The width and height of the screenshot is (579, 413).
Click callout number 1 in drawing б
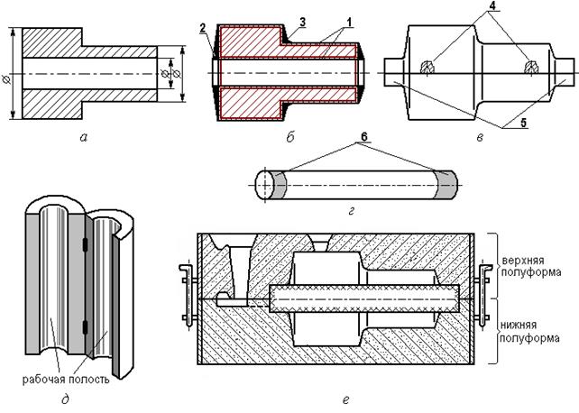click(348, 23)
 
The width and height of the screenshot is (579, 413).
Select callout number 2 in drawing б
click(202, 28)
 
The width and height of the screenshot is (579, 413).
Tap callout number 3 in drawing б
click(303, 23)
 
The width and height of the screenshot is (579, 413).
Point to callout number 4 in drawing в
click(494, 5)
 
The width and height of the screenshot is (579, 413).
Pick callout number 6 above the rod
click(364, 136)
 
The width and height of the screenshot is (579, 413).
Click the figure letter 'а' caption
click(84, 138)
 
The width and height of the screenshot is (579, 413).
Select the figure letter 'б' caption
click(289, 137)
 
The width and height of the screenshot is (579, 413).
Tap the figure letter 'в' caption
click(479, 138)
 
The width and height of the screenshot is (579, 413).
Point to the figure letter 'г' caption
click(351, 211)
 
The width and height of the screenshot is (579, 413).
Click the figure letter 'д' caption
click(65, 399)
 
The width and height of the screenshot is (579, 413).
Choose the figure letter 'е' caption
click(346, 399)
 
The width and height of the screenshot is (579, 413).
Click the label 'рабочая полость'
click(66, 380)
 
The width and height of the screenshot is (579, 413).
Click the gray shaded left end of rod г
click(280, 185)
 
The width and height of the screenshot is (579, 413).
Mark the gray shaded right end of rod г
click(446, 184)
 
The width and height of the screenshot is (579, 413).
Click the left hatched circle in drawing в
click(427, 67)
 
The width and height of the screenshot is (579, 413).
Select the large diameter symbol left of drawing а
click(6, 78)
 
